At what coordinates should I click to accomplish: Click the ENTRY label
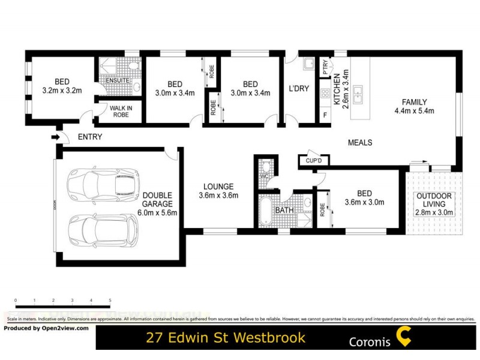[x=90, y=137]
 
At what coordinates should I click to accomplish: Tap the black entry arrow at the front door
[x=55, y=137]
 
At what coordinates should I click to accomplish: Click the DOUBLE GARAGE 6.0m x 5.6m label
[x=158, y=203]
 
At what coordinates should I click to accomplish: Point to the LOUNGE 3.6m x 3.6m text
[x=218, y=191]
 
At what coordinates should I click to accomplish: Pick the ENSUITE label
[x=117, y=81]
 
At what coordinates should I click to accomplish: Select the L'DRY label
[x=299, y=89]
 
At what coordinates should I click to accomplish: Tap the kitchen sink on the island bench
[x=358, y=92]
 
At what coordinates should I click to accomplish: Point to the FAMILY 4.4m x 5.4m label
[x=414, y=106]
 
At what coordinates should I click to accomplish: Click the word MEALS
[x=360, y=143]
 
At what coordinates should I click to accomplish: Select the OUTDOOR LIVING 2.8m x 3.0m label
[x=436, y=204]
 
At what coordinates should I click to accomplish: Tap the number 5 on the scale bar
[x=110, y=299]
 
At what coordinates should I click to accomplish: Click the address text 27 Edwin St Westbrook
[x=226, y=337]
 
